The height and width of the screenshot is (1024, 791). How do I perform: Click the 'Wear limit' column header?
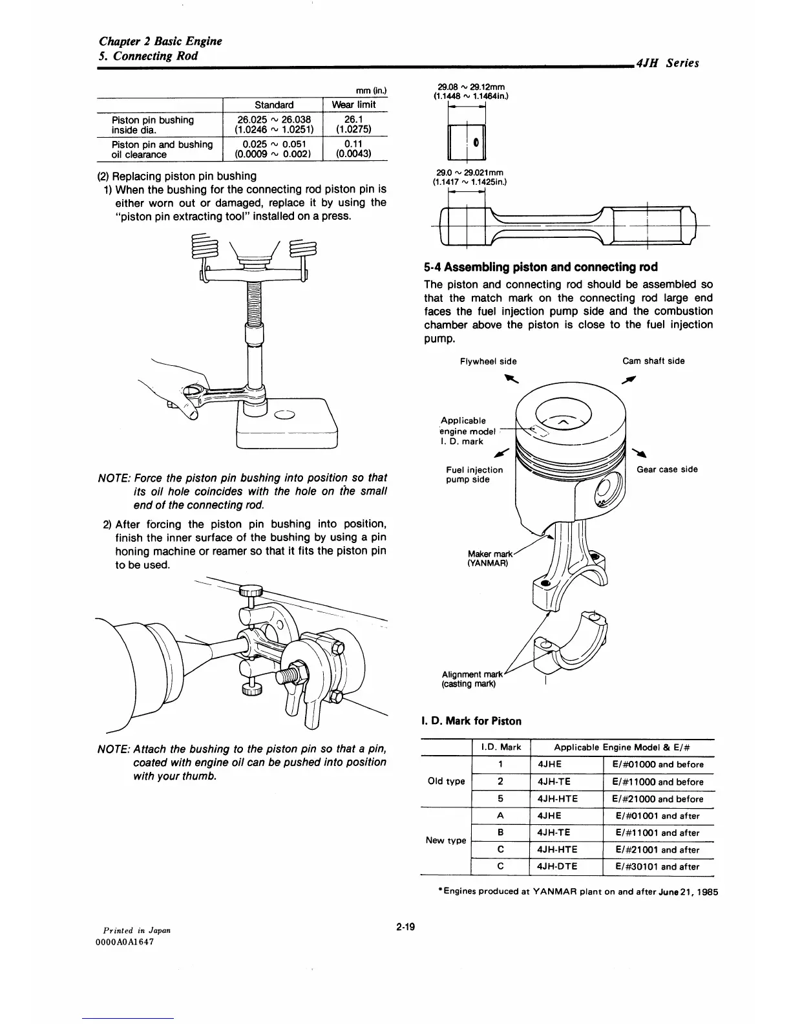pos(353,105)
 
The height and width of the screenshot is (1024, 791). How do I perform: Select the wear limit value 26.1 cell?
pos(353,120)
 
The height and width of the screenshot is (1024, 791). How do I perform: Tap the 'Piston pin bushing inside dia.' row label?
pos(153,125)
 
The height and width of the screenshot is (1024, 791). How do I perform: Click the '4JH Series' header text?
pos(667,63)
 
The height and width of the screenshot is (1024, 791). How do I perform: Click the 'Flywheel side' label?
pos(488,361)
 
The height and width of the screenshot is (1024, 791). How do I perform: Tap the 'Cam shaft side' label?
pos(653,361)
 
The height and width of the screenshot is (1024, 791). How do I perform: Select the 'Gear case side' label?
pos(667,469)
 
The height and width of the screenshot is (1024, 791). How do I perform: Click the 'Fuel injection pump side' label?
pos(474,475)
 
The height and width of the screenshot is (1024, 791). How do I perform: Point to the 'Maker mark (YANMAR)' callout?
pos(489,558)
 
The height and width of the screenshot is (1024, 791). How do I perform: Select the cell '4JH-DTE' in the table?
pos(558,867)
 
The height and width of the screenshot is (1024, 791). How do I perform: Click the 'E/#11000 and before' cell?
pos(657,782)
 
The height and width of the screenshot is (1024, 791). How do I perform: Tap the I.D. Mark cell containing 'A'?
pos(501,816)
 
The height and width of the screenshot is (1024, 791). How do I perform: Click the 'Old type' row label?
pos(447,782)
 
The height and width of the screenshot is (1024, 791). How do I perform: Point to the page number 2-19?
pos(405,927)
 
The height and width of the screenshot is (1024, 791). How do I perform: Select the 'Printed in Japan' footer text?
pos(132,930)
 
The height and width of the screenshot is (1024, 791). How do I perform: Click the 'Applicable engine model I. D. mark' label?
pos(467,431)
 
